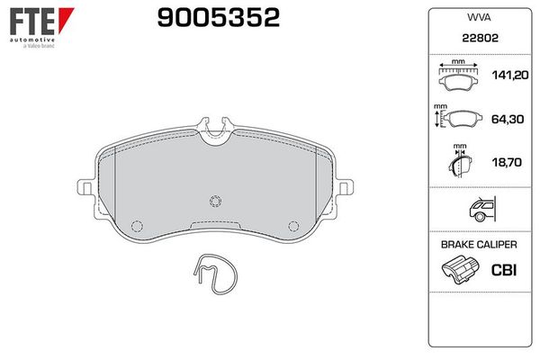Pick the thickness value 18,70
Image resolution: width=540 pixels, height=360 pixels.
pyautogui.click(x=504, y=162)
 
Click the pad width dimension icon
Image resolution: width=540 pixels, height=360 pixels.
pyautogui.click(x=459, y=77)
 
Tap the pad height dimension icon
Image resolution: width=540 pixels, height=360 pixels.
pyautogui.click(x=457, y=119)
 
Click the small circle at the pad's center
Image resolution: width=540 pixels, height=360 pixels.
pyautogui.click(x=214, y=201)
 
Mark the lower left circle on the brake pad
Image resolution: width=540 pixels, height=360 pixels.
pyautogui.click(x=138, y=226)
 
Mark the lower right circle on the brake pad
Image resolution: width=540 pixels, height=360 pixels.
pyautogui.click(x=291, y=226)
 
